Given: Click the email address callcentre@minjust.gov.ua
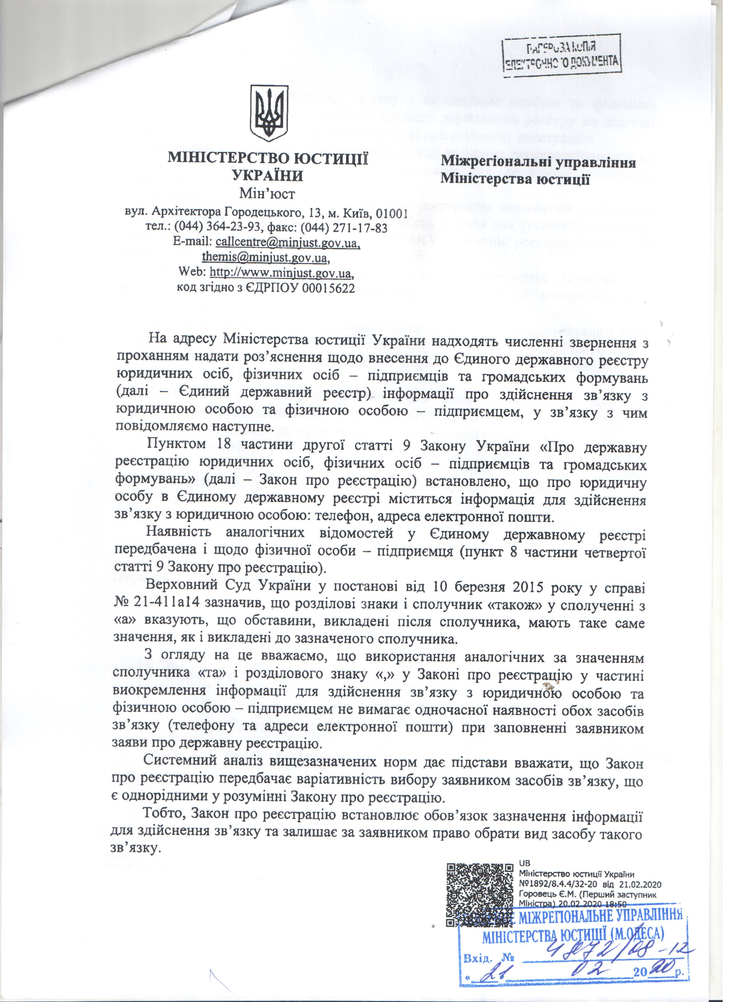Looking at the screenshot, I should pyautogui.click(x=288, y=243).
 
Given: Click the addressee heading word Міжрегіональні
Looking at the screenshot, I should pyautogui.click(x=492, y=163).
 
